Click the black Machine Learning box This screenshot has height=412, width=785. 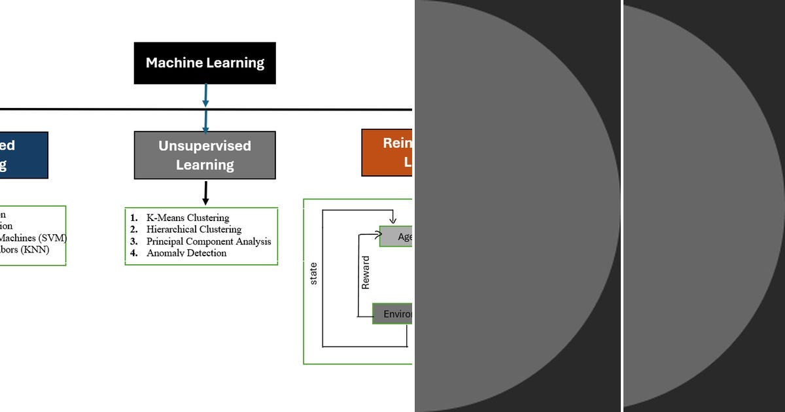point(205,63)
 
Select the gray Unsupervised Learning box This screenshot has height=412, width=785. point(205,155)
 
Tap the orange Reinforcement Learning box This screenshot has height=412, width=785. point(387,152)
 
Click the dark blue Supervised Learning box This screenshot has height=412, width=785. point(24,155)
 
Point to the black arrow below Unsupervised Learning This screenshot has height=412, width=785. point(205,193)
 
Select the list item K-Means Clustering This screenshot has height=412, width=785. point(188,218)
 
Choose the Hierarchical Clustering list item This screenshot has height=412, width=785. point(194,230)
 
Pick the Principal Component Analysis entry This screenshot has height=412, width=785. point(209,241)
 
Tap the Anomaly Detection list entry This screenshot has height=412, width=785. point(186,253)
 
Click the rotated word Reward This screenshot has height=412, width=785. point(366,273)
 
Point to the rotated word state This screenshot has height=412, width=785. point(313,273)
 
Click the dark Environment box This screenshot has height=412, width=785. point(393,314)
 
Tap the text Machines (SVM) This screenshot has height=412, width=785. point(33,238)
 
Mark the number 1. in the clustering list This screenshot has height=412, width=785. point(133,218)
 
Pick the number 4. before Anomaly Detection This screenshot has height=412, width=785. point(133,253)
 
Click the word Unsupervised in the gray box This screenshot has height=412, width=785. point(205,146)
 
